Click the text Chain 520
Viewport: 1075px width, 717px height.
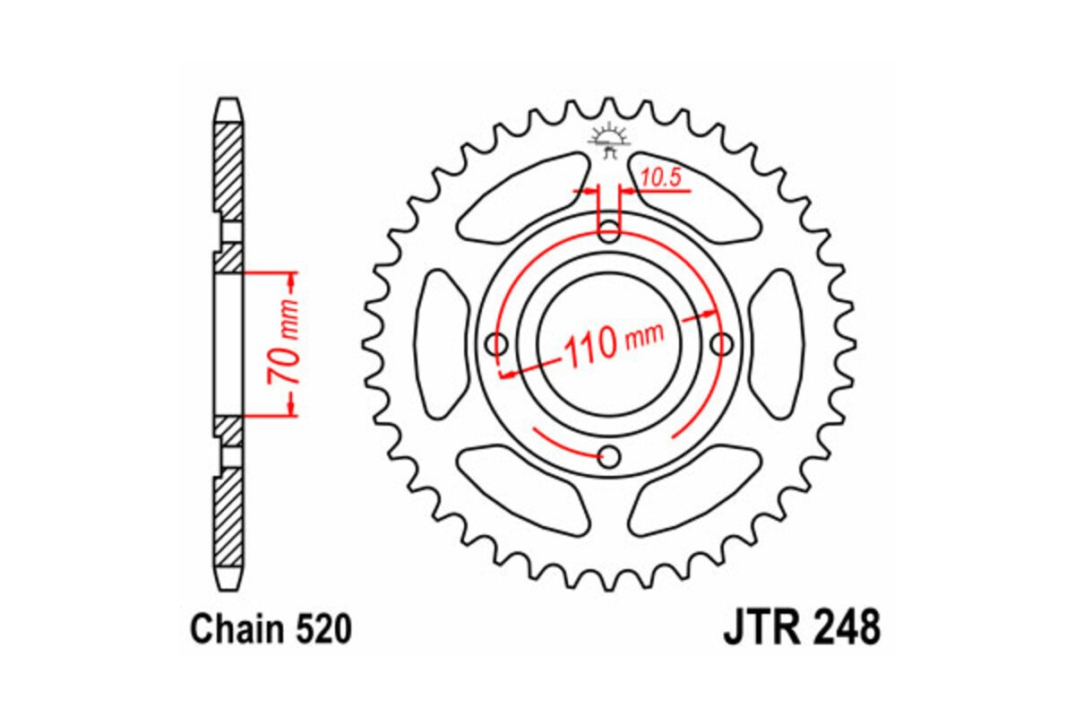pos(270,630)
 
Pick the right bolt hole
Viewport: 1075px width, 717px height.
pos(721,344)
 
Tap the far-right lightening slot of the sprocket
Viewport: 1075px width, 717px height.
pos(776,344)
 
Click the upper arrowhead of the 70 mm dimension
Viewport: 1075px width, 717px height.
pos(290,281)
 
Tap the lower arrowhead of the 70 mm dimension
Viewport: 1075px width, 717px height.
pos(290,408)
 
